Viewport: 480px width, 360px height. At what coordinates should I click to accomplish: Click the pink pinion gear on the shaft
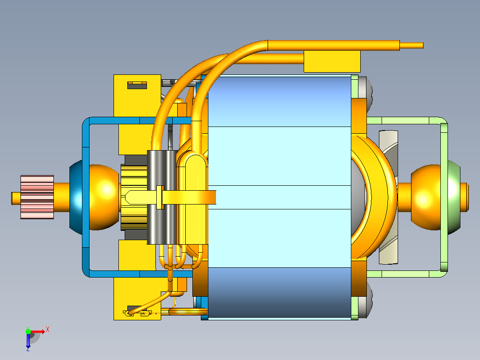37,197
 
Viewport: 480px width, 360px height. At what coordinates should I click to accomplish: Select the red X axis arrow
37,331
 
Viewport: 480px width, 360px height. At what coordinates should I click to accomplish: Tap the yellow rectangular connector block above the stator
332,61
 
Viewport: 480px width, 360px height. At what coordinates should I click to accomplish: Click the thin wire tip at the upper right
411,45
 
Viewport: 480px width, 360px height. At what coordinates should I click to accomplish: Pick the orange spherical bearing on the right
426,197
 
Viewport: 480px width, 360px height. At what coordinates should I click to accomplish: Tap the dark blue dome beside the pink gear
76,197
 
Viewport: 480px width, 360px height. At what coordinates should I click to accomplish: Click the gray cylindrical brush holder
162,197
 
